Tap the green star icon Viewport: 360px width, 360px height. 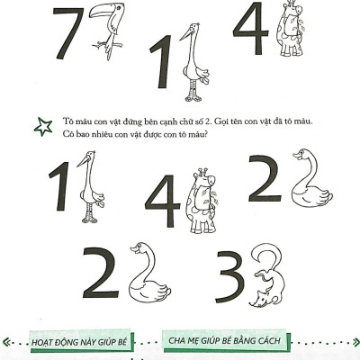[x=42, y=126]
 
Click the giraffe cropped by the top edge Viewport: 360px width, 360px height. [x=291, y=31]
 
